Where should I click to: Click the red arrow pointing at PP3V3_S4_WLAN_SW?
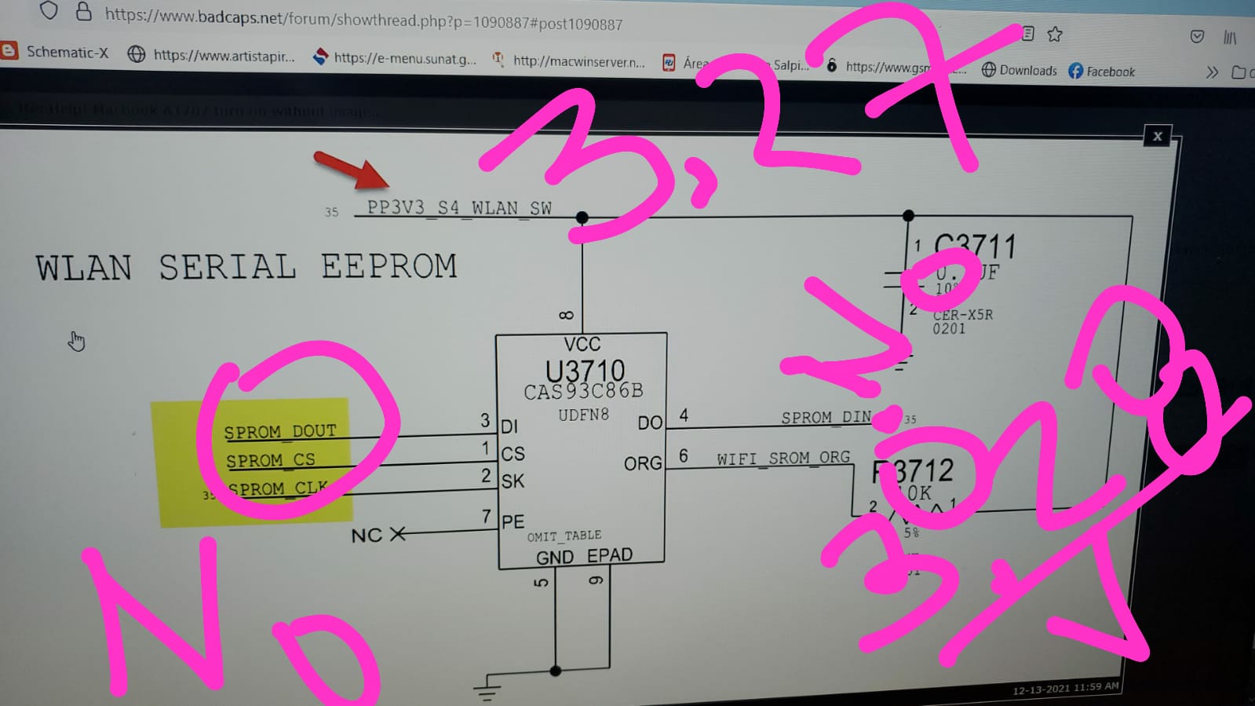click(351, 170)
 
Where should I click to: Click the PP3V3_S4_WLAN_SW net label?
click(459, 208)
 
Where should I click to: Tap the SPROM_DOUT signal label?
click(279, 431)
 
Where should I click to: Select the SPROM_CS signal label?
click(270, 460)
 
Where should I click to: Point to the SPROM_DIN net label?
click(826, 417)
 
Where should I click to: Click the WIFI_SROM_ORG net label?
click(783, 458)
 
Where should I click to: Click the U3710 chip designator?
click(585, 370)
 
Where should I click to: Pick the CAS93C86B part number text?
click(583, 391)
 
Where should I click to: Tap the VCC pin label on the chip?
click(582, 344)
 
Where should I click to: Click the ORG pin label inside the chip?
click(643, 463)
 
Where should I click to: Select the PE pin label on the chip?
click(513, 521)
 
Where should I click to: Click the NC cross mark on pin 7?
click(398, 534)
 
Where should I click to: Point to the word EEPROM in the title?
click(389, 266)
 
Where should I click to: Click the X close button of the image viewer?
click(1158, 136)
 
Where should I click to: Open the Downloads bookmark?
click(1020, 71)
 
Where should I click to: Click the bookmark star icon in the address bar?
click(1055, 34)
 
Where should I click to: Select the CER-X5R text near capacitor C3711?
click(963, 315)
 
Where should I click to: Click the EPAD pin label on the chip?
click(610, 555)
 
